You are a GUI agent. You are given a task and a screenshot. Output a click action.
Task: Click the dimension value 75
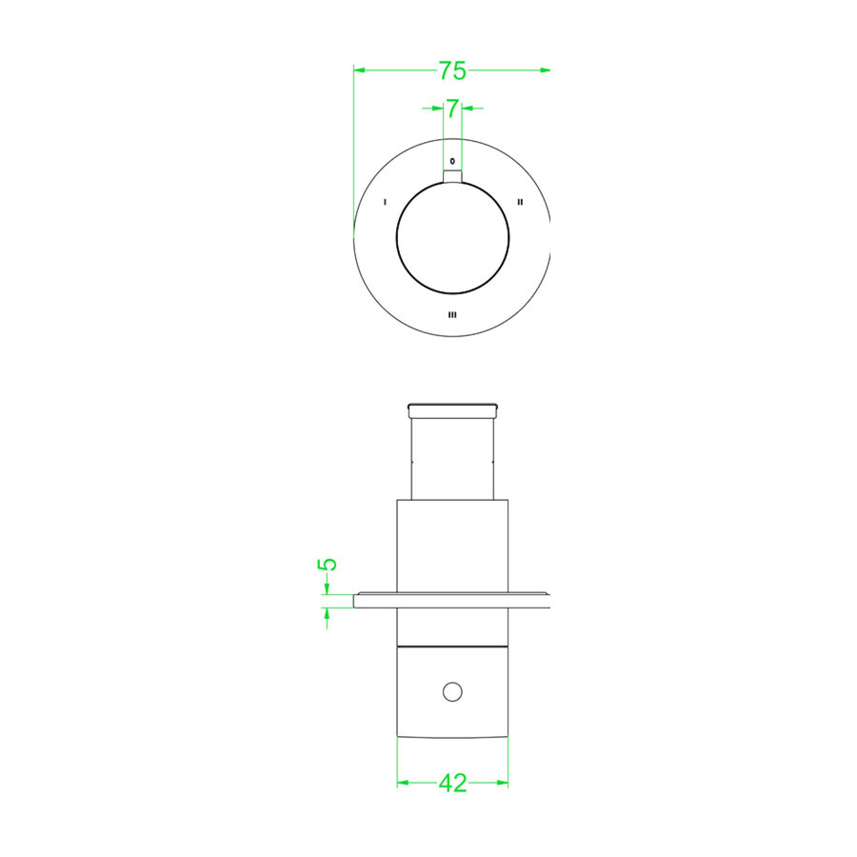click(451, 70)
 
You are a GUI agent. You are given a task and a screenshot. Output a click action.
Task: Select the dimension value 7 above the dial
click(452, 109)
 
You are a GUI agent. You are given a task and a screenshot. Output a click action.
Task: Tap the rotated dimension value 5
click(327, 564)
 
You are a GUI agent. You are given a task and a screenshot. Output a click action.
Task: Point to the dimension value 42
click(452, 783)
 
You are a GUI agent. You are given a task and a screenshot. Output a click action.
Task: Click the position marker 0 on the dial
click(452, 161)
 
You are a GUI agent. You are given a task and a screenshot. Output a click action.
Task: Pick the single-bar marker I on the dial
click(384, 202)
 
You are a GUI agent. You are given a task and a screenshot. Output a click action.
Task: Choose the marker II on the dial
click(520, 202)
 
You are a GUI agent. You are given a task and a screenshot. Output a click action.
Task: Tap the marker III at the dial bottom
click(452, 314)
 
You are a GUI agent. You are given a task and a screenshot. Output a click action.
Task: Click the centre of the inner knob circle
click(452, 237)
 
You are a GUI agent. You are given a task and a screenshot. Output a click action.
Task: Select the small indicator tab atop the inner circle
click(452, 173)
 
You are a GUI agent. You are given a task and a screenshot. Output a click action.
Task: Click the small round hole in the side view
click(452, 691)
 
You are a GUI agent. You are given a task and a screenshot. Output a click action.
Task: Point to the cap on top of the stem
click(452, 410)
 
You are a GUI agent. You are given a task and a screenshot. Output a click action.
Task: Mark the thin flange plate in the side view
click(452, 600)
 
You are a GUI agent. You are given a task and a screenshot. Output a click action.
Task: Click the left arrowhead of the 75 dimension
click(359, 70)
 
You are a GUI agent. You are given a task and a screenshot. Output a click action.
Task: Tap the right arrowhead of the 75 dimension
click(546, 70)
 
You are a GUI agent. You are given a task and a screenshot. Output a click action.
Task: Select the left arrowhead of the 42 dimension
click(402, 783)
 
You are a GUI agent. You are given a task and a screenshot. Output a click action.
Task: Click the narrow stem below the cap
click(452, 457)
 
